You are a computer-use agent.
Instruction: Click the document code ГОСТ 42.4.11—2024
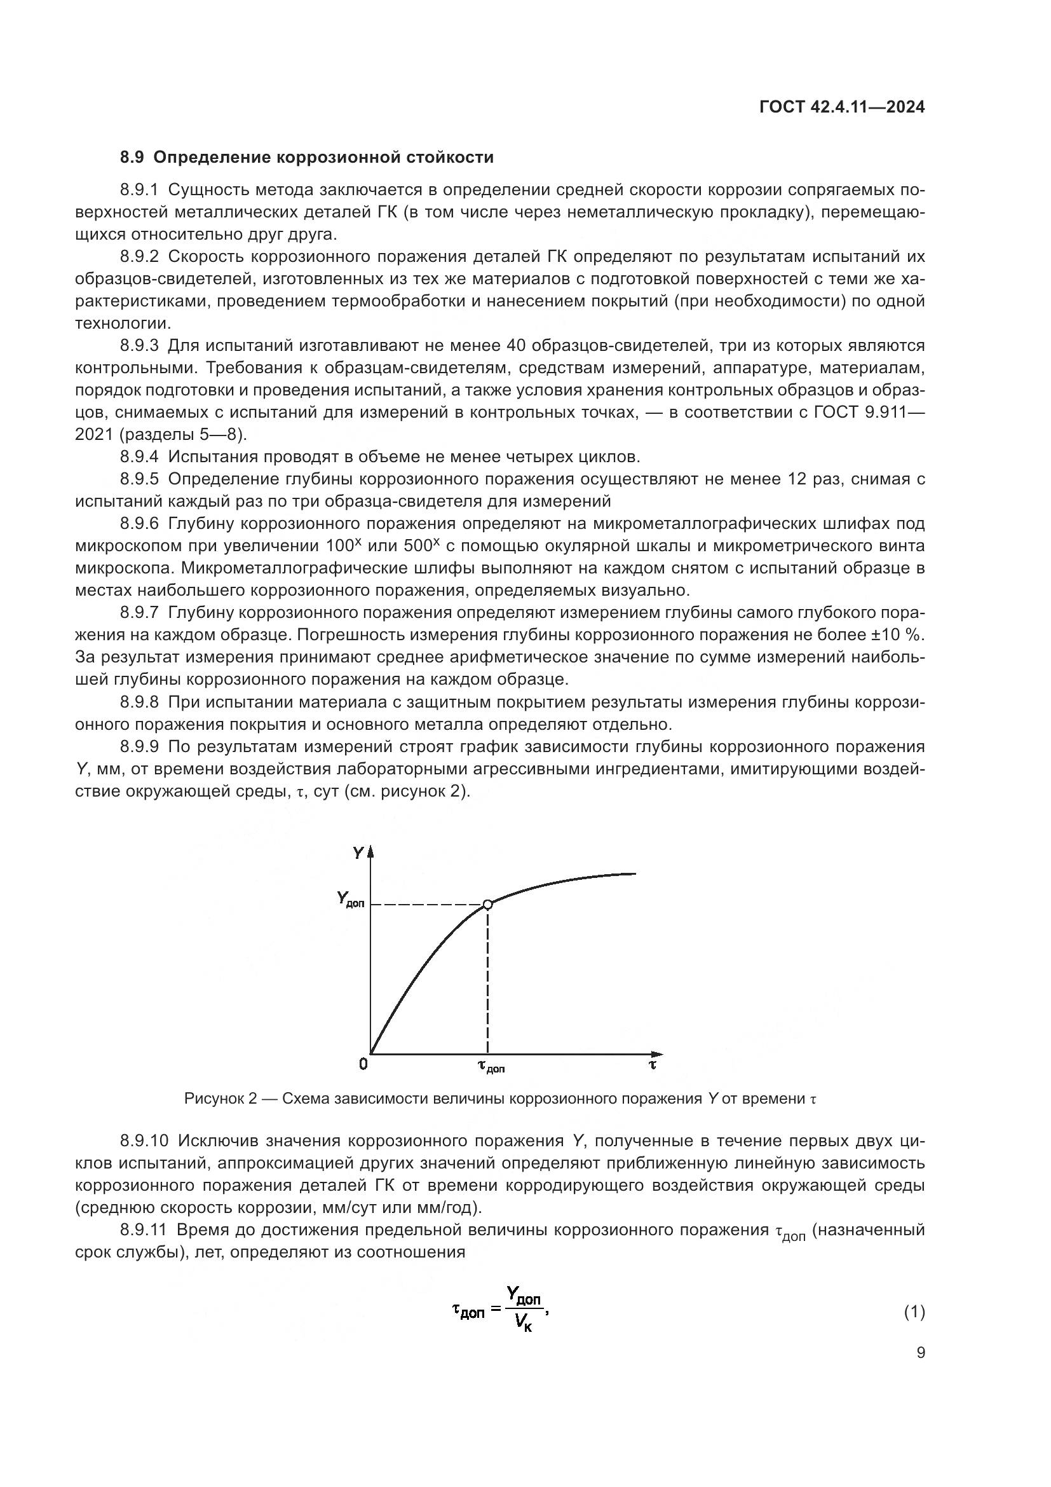(x=841, y=107)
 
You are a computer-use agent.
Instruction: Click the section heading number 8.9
(x=133, y=158)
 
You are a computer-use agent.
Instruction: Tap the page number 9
(x=921, y=1352)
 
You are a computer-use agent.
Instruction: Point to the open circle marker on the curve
(x=488, y=904)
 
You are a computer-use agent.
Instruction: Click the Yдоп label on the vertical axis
(x=350, y=899)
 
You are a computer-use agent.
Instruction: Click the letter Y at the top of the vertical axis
(x=358, y=853)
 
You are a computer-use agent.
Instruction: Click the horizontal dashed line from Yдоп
(x=427, y=904)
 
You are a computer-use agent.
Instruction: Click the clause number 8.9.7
(x=139, y=613)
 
